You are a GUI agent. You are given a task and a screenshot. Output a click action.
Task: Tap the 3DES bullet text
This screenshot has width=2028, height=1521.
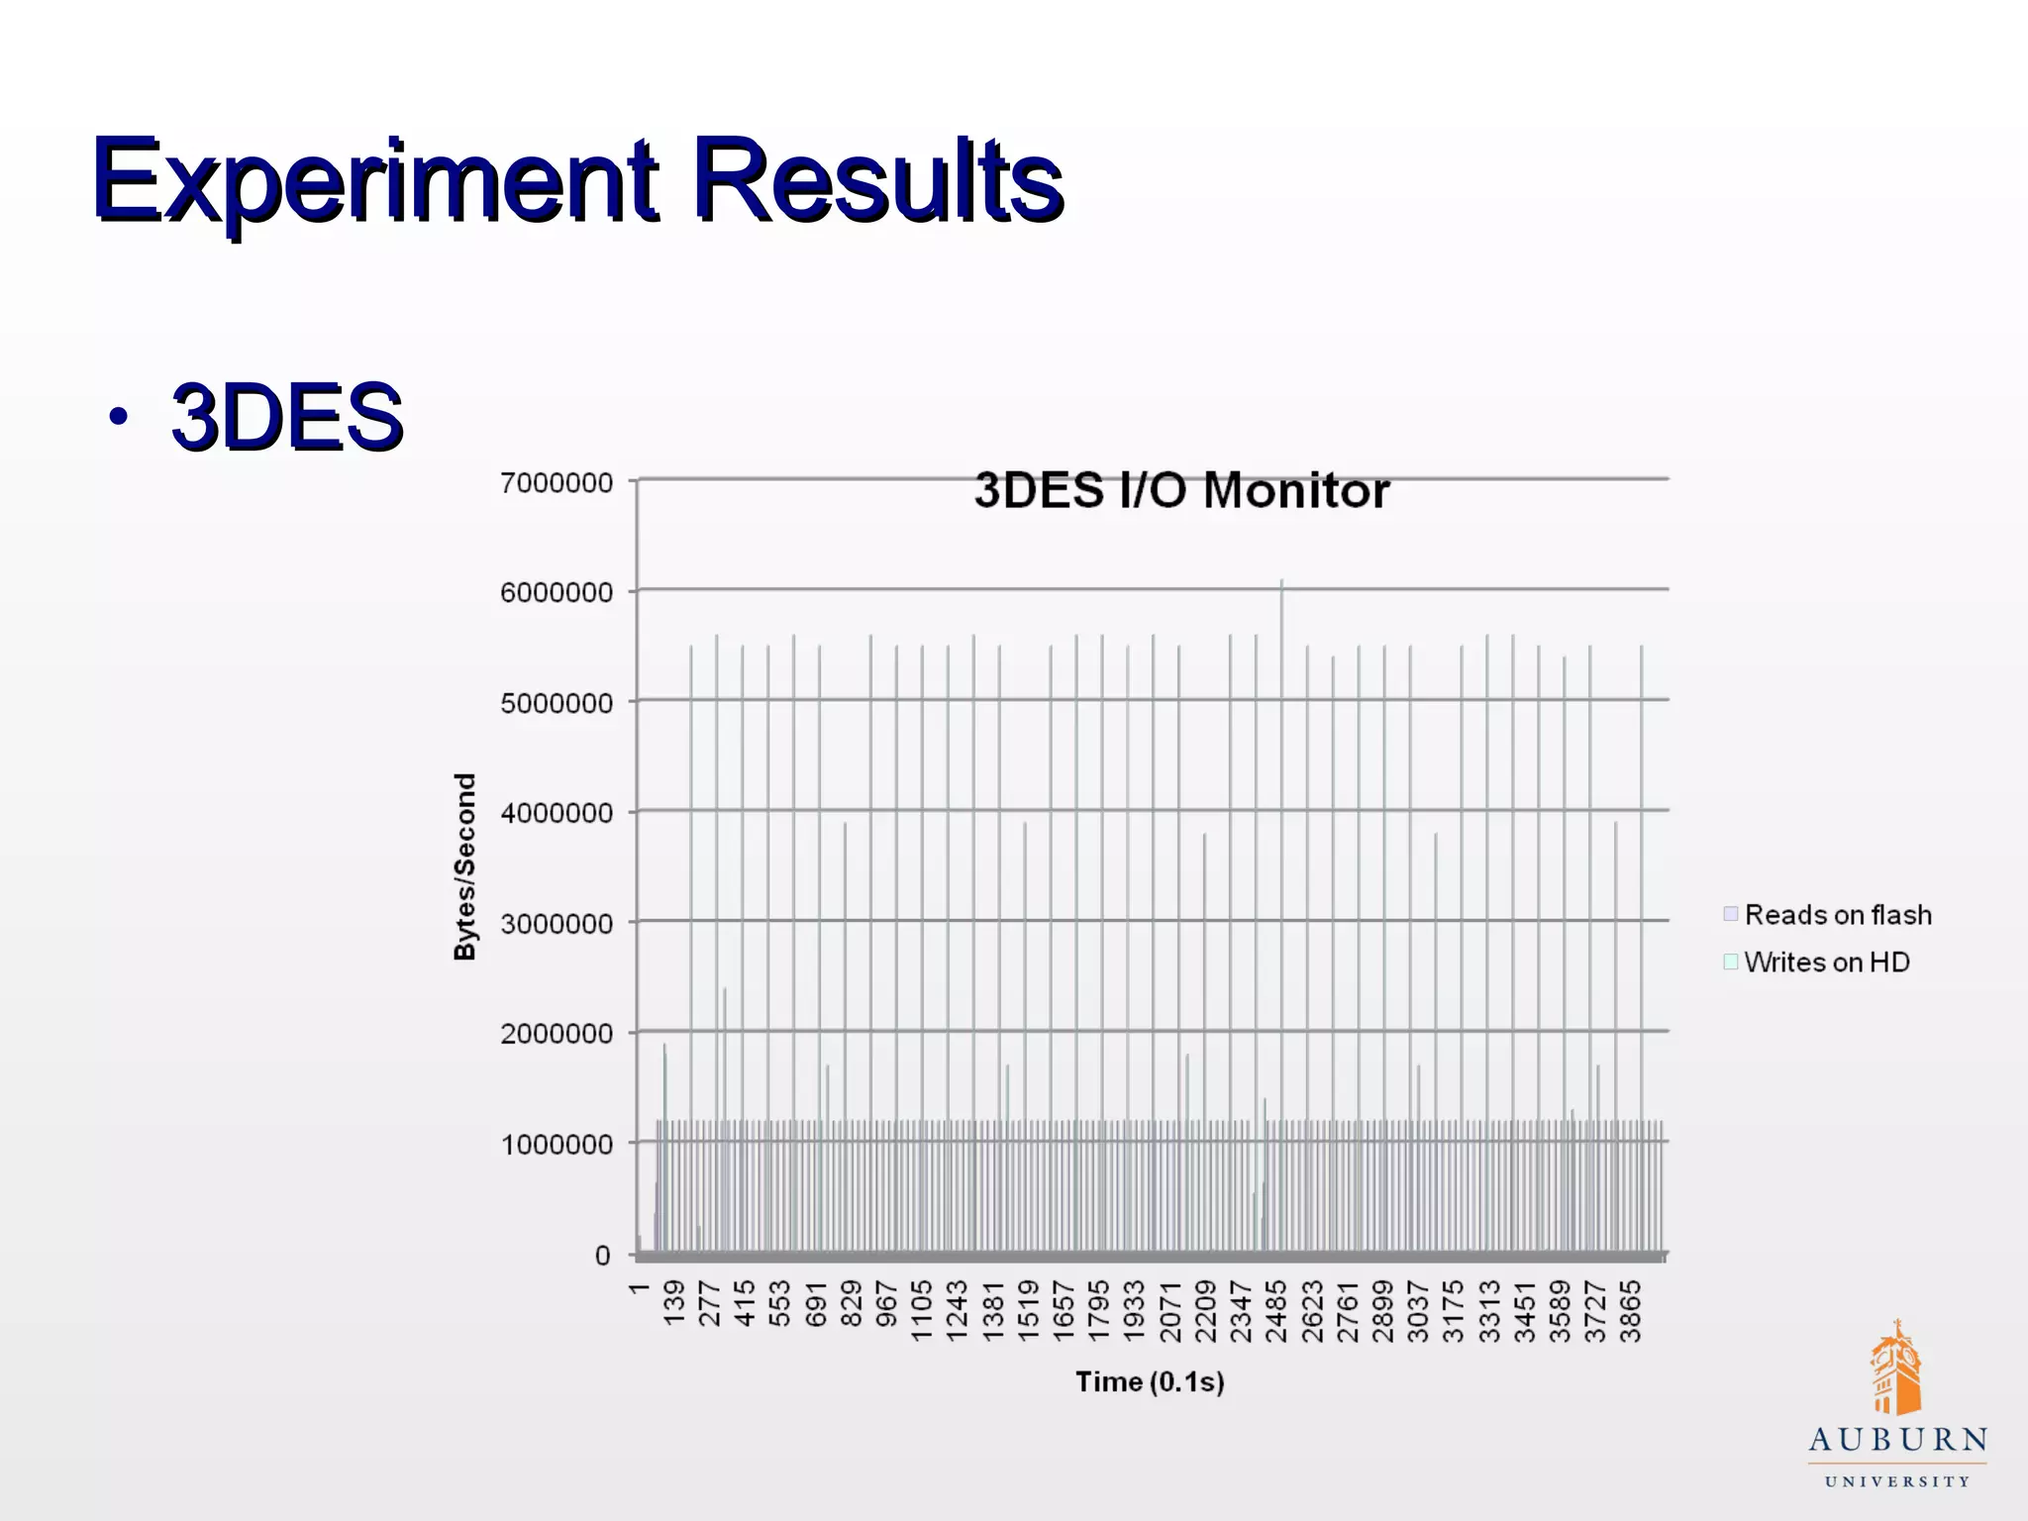click(x=287, y=417)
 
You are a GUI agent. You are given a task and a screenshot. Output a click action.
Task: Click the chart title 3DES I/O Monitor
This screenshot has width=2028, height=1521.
click(x=1181, y=491)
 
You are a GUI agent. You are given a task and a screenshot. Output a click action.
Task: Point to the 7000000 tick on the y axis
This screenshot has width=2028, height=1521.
click(x=557, y=483)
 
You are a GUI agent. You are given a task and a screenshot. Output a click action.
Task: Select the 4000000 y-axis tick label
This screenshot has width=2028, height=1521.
click(x=557, y=814)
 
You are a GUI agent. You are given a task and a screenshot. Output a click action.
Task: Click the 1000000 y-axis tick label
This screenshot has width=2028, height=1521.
click(x=557, y=1145)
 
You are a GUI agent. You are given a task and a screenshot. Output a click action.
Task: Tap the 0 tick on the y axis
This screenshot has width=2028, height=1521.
click(x=602, y=1256)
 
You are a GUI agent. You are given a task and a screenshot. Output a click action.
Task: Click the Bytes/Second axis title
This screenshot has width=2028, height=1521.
click(x=464, y=866)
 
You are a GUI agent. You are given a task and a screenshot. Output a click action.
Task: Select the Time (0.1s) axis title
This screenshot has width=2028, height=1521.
click(x=1150, y=1381)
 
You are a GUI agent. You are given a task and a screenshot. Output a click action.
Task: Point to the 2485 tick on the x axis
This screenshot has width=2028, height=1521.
click(x=1276, y=1311)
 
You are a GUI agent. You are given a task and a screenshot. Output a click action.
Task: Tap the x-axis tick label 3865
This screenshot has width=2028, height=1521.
click(x=1630, y=1311)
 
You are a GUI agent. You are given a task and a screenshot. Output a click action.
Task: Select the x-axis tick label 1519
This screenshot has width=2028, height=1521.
click(x=1029, y=1311)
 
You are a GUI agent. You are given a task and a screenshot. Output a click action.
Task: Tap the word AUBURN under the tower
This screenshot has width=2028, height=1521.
click(x=1897, y=1441)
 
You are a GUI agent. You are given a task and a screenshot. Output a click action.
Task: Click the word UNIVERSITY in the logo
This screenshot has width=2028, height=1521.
click(x=1897, y=1482)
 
